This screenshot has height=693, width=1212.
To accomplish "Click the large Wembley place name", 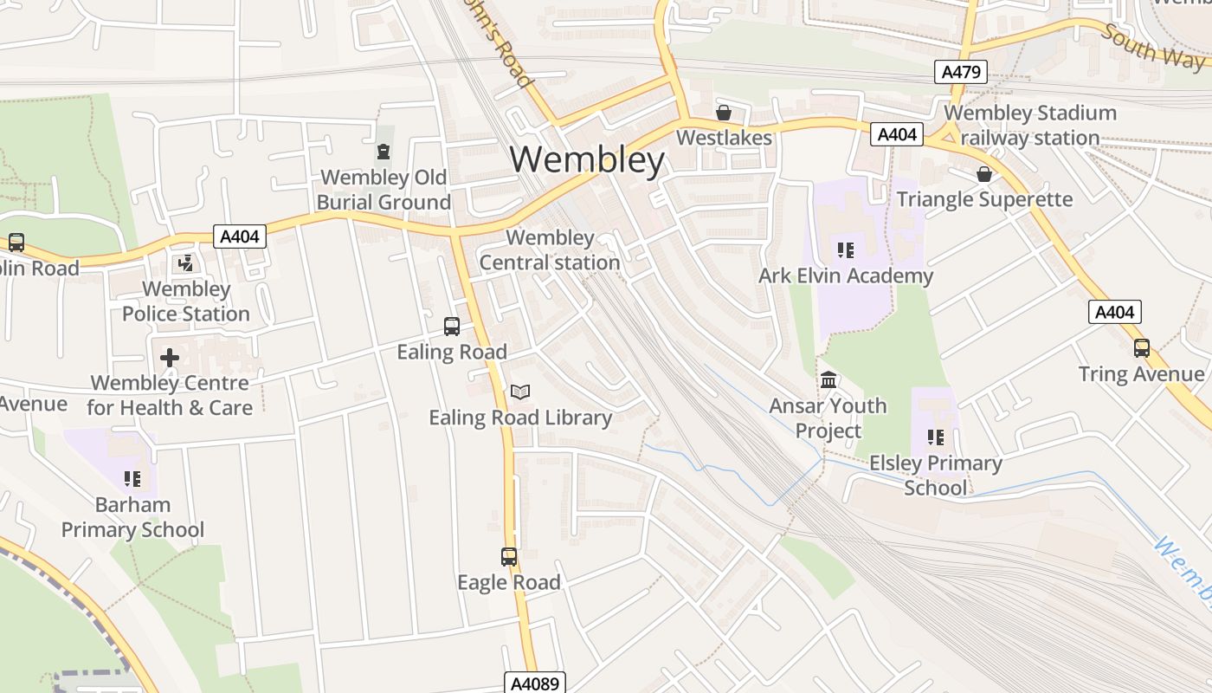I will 587,159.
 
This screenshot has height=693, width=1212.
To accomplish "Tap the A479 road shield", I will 961,72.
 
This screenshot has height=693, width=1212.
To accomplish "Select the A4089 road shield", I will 535,683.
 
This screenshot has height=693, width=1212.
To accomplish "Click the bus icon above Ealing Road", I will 452,327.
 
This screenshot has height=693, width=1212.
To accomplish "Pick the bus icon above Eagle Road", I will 509,557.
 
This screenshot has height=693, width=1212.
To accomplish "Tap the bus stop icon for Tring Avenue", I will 1142,348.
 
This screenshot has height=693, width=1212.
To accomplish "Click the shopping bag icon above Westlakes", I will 724,113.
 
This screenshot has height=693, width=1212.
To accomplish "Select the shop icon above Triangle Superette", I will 984,174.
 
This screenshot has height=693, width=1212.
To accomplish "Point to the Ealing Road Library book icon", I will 519,392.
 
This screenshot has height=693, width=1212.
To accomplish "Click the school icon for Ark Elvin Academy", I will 846,250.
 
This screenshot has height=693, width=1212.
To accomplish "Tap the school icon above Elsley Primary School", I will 936,437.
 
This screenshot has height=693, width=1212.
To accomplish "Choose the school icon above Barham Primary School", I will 132,479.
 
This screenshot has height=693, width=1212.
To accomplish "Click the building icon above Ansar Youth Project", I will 828,380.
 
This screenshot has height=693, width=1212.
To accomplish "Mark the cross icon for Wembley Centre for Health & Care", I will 170,357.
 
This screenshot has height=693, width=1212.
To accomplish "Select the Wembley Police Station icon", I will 185,263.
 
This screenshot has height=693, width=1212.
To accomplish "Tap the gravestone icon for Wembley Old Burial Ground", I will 384,152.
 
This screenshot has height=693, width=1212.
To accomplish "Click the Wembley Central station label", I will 550,249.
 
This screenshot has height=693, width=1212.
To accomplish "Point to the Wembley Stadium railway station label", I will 1029,126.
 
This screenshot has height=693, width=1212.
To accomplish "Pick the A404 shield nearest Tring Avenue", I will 1115,312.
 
